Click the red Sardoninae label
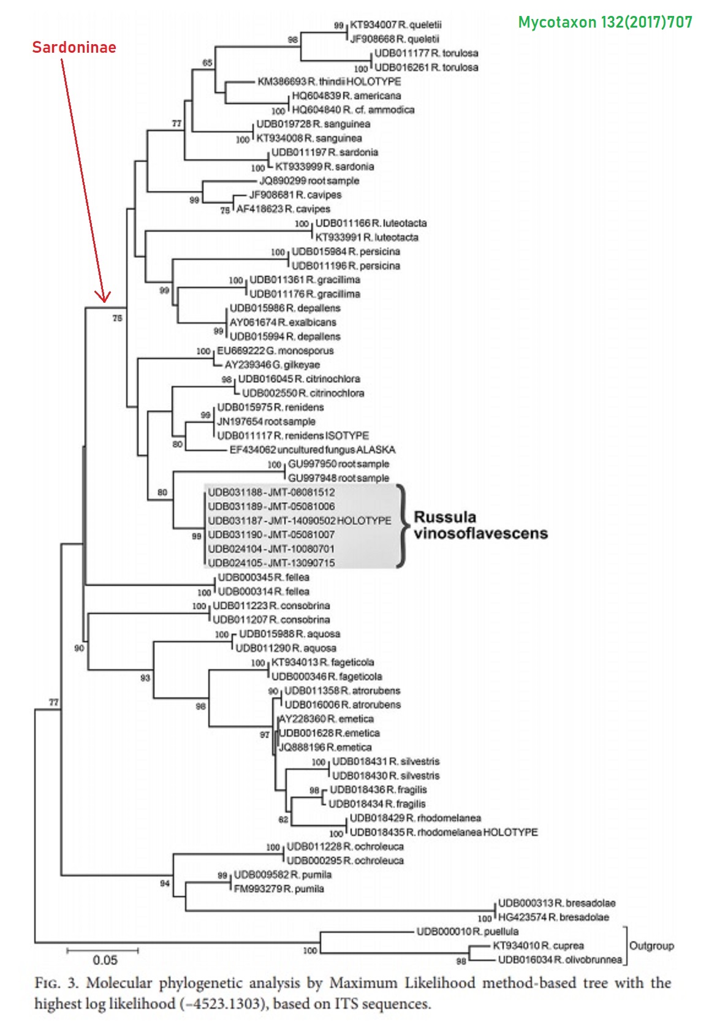[74, 47]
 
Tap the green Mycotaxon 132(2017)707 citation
[605, 23]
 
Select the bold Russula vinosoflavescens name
[480, 525]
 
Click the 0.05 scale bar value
[105, 960]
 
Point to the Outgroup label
[651, 946]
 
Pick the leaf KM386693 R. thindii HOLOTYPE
[329, 82]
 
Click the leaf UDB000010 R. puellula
[467, 932]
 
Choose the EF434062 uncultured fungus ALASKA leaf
[312, 450]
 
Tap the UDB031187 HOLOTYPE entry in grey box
[299, 520]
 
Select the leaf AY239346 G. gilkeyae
[271, 365]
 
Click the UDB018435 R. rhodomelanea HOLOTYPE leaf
[443, 832]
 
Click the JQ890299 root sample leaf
[309, 181]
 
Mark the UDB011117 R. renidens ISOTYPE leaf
[293, 436]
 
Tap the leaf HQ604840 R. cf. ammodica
[353, 110]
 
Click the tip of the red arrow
[104, 301]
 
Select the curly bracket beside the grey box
[401, 526]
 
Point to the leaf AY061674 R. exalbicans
[283, 322]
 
